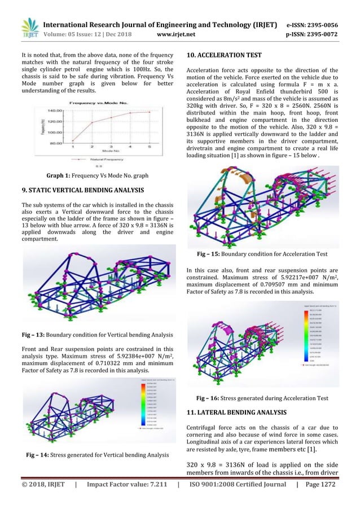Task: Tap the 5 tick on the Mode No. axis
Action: [x=150, y=147]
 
